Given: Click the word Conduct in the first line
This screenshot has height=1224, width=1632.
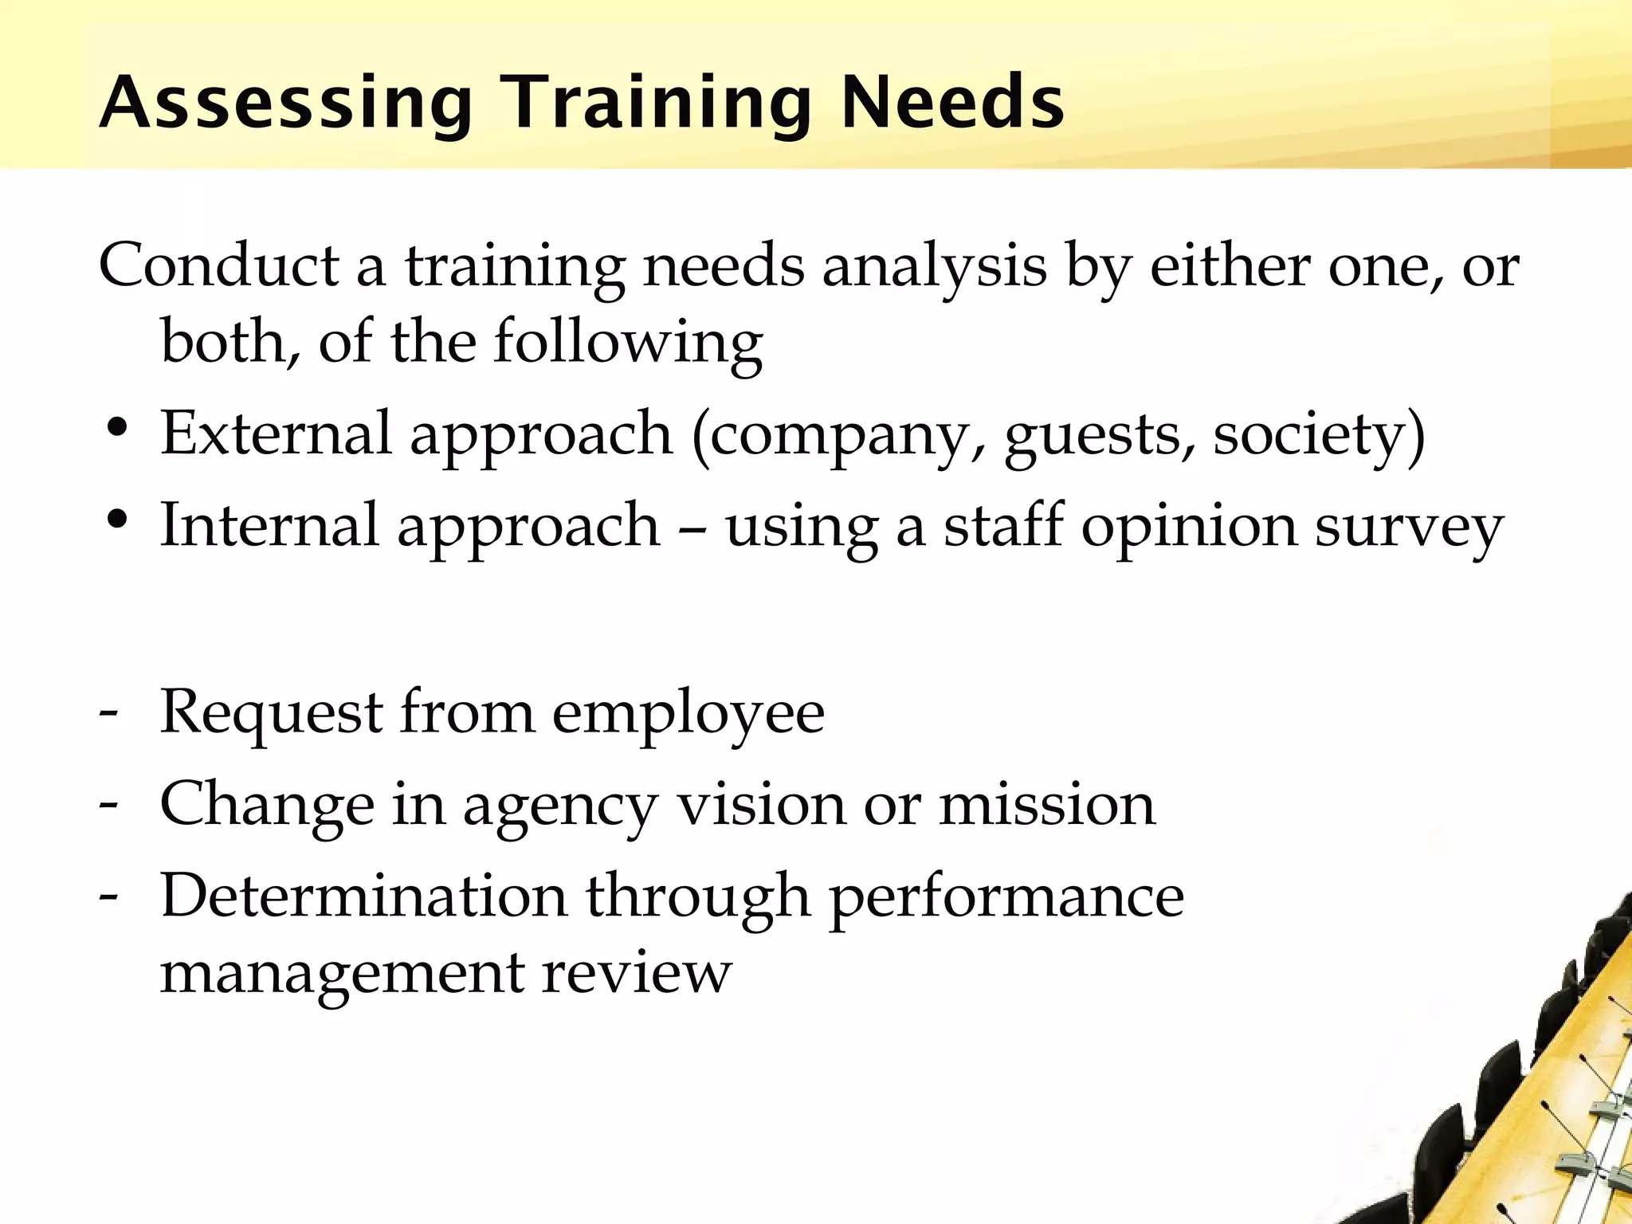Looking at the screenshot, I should (x=218, y=265).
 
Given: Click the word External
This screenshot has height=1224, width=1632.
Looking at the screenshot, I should (x=276, y=433).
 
